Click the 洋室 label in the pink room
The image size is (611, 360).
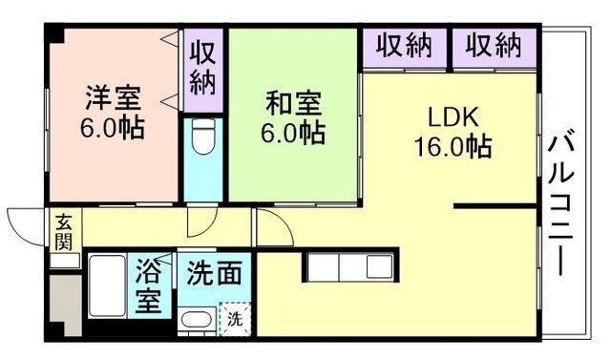[114, 99]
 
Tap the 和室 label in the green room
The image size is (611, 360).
[293, 101]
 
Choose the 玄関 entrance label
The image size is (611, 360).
[63, 231]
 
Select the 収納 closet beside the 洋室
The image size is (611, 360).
[202, 69]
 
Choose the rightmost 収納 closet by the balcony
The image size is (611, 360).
[495, 45]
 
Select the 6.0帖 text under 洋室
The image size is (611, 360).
[114, 128]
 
